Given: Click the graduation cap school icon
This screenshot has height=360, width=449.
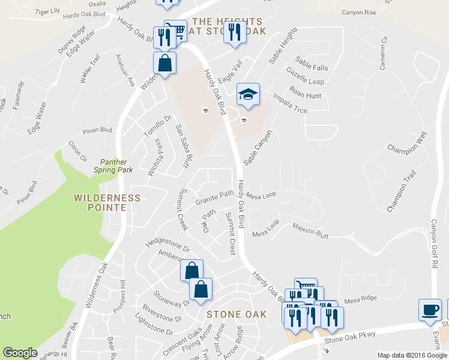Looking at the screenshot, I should [248, 94].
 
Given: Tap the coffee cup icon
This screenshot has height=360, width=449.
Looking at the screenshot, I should [430, 308].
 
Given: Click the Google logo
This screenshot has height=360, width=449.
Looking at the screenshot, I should [20, 353].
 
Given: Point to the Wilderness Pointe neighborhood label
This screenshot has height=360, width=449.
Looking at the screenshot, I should [107, 203].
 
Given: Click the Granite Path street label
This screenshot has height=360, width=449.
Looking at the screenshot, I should [214, 197].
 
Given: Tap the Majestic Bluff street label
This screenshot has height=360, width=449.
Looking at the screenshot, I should [310, 231].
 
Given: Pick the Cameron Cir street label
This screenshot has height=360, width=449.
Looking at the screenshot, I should [383, 53].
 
